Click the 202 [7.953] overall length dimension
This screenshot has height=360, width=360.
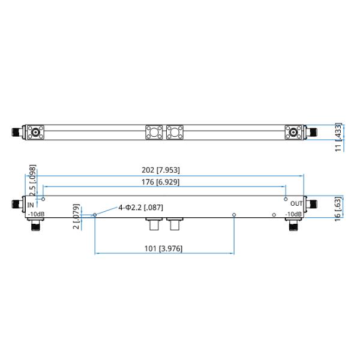click(x=160, y=170)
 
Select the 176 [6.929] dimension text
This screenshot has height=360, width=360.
click(x=158, y=182)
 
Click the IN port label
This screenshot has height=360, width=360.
click(x=32, y=205)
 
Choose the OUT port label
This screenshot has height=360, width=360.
click(x=296, y=205)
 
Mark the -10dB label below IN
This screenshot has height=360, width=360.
click(x=35, y=214)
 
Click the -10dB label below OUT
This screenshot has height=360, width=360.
click(x=293, y=214)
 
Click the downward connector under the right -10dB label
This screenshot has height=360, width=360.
click(x=293, y=226)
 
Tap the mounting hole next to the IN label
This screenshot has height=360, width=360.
click(x=44, y=199)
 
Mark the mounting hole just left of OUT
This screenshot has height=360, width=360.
click(x=286, y=199)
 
